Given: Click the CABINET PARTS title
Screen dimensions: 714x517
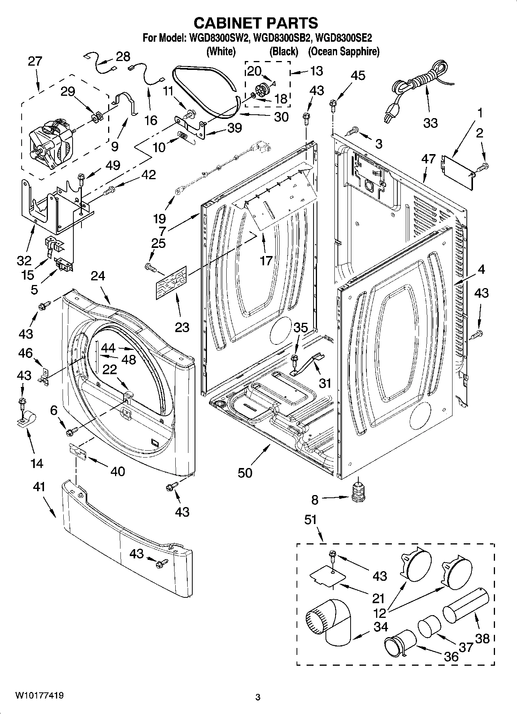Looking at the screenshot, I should [x=256, y=23].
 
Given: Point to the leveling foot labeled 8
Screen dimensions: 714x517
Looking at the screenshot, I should [x=359, y=493].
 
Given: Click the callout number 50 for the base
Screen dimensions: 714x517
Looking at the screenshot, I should [x=245, y=472].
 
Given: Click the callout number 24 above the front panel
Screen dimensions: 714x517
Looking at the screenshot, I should [x=98, y=276].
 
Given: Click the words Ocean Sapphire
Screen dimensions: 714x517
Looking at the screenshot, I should [x=344, y=51].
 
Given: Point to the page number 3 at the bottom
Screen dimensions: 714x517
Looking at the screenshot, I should [x=258, y=697].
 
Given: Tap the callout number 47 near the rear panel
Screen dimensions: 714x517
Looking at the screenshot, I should [x=428, y=159].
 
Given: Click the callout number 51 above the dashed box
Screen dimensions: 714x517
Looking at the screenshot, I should [x=310, y=520].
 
